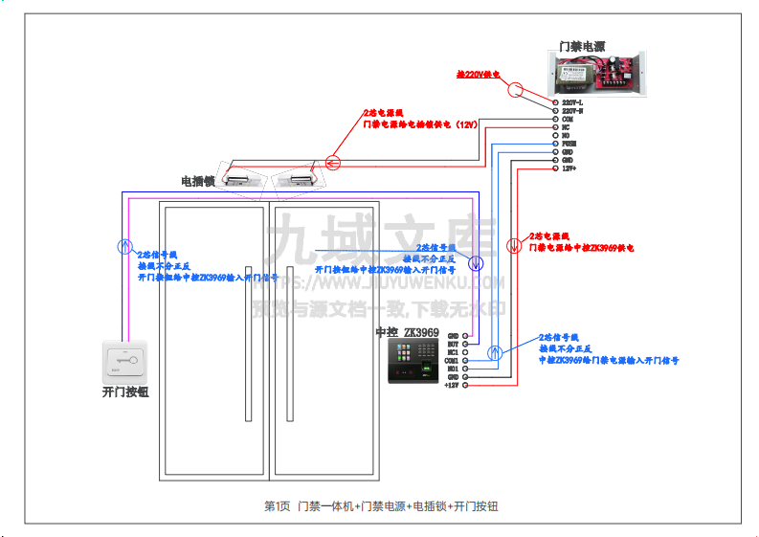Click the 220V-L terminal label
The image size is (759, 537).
[570, 102]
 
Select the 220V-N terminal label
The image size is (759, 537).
[570, 111]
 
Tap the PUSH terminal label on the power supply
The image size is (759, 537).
[568, 144]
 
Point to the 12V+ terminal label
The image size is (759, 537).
[568, 168]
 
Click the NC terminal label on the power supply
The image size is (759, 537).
[566, 127]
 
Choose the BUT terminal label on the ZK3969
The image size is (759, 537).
[453, 344]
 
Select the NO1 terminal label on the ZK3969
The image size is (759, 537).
[453, 369]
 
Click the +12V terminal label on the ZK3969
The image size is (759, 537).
[452, 385]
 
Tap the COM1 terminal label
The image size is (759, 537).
[452, 361]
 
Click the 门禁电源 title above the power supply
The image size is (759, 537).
[583, 45]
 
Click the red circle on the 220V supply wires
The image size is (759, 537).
[514, 90]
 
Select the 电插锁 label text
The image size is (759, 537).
[197, 180]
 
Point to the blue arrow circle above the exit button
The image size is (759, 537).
[123, 246]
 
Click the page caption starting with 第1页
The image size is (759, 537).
[380, 505]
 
